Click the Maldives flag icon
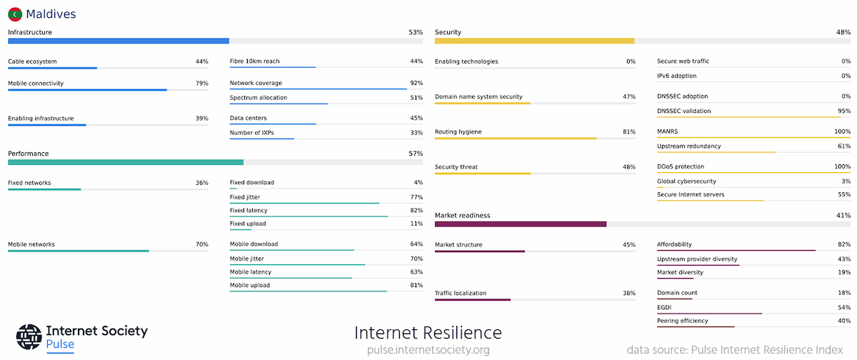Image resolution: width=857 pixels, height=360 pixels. click(15, 14)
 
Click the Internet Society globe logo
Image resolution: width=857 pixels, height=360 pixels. click(29, 337)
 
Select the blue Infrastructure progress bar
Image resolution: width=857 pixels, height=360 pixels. click(119, 41)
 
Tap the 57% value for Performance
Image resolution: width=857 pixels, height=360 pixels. click(415, 154)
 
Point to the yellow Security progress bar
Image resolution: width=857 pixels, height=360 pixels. click(534, 41)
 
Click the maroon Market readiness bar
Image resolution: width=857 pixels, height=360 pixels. click(521, 224)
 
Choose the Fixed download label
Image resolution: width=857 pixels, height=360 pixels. click(251, 183)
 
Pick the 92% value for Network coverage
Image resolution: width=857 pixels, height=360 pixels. click(416, 84)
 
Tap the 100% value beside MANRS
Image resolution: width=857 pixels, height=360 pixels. click(842, 132)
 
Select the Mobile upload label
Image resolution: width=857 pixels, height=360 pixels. click(249, 286)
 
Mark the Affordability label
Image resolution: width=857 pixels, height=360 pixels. click(674, 245)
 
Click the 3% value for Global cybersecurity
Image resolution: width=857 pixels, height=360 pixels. click(846, 181)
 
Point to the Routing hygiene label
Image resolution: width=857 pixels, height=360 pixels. click(458, 132)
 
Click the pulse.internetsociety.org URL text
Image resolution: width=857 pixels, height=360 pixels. click(428, 350)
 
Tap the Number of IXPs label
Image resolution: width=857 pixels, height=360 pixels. click(251, 133)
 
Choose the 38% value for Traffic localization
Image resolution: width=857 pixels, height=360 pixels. click(628, 294)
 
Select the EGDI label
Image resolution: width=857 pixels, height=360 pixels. click(664, 307)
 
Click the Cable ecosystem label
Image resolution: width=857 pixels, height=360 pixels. click(32, 61)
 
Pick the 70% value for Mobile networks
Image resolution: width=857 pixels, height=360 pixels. click(201, 245)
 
